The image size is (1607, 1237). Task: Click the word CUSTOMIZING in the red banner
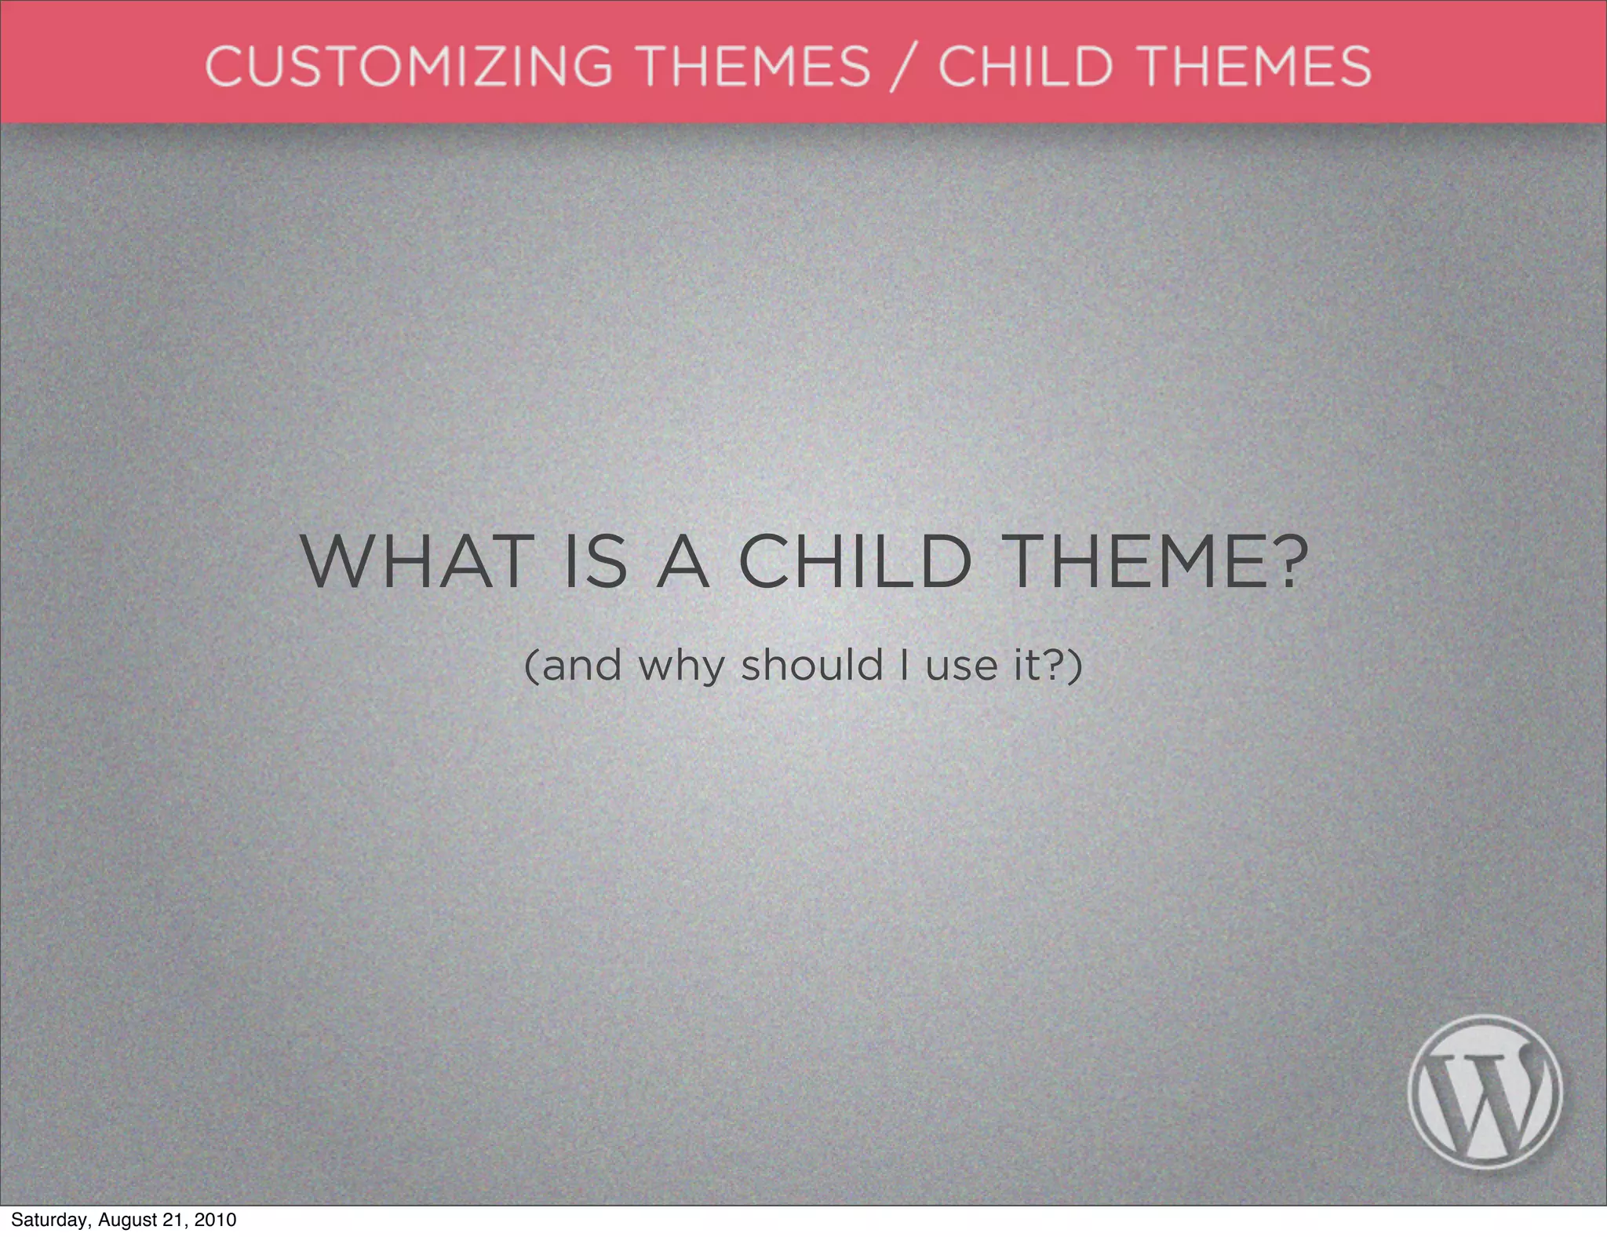click(408, 66)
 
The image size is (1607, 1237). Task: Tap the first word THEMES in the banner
click(753, 66)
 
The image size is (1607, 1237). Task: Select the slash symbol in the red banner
click(904, 68)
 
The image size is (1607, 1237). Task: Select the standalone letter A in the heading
click(683, 562)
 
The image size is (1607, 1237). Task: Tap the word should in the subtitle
click(812, 666)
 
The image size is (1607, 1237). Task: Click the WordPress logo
click(1484, 1092)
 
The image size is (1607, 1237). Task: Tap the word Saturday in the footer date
click(48, 1221)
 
